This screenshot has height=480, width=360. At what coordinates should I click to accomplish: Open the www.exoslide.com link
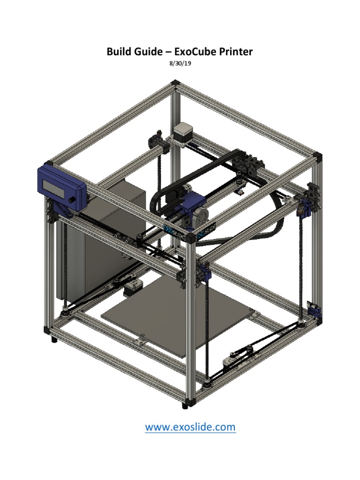click(190, 427)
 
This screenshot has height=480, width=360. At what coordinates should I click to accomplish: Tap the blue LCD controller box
click(61, 185)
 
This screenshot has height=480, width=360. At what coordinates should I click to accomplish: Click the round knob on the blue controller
click(72, 200)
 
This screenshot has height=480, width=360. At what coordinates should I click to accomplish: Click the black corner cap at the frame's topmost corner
click(175, 83)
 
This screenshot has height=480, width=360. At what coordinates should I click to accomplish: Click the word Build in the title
click(119, 52)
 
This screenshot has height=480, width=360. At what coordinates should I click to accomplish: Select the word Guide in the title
click(148, 52)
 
